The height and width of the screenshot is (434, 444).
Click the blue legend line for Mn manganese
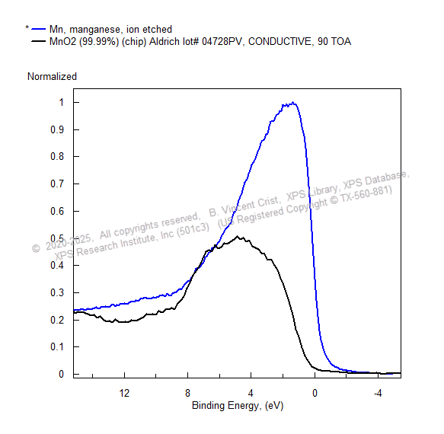pos(39,29)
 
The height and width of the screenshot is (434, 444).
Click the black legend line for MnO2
pos(39,41)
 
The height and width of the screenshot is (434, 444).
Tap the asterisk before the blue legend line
pos(27,27)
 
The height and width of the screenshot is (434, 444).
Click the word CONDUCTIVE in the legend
pos(280,42)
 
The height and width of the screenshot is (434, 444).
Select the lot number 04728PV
pos(222,42)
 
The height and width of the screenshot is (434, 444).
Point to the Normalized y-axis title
pos(52,76)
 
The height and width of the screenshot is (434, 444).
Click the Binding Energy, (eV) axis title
pos(238,405)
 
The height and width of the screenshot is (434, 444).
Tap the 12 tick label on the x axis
pos(124,393)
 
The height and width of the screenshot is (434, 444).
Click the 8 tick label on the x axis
pos(188,393)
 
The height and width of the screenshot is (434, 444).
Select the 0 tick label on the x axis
pos(315,393)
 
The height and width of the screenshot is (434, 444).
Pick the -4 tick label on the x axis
pos(378,393)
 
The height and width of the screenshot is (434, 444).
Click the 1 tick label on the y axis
pos(62,102)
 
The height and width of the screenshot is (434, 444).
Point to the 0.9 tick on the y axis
pos(57,129)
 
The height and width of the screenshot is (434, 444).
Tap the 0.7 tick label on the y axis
pos(57,183)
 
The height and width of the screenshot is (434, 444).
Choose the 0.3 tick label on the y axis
pos(57,292)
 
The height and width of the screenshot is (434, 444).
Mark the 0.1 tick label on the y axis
pos(57,346)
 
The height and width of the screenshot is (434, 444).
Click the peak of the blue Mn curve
pos(292,103)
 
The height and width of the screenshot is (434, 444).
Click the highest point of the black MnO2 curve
pos(238,236)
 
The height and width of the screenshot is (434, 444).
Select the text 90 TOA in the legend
pos(334,42)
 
